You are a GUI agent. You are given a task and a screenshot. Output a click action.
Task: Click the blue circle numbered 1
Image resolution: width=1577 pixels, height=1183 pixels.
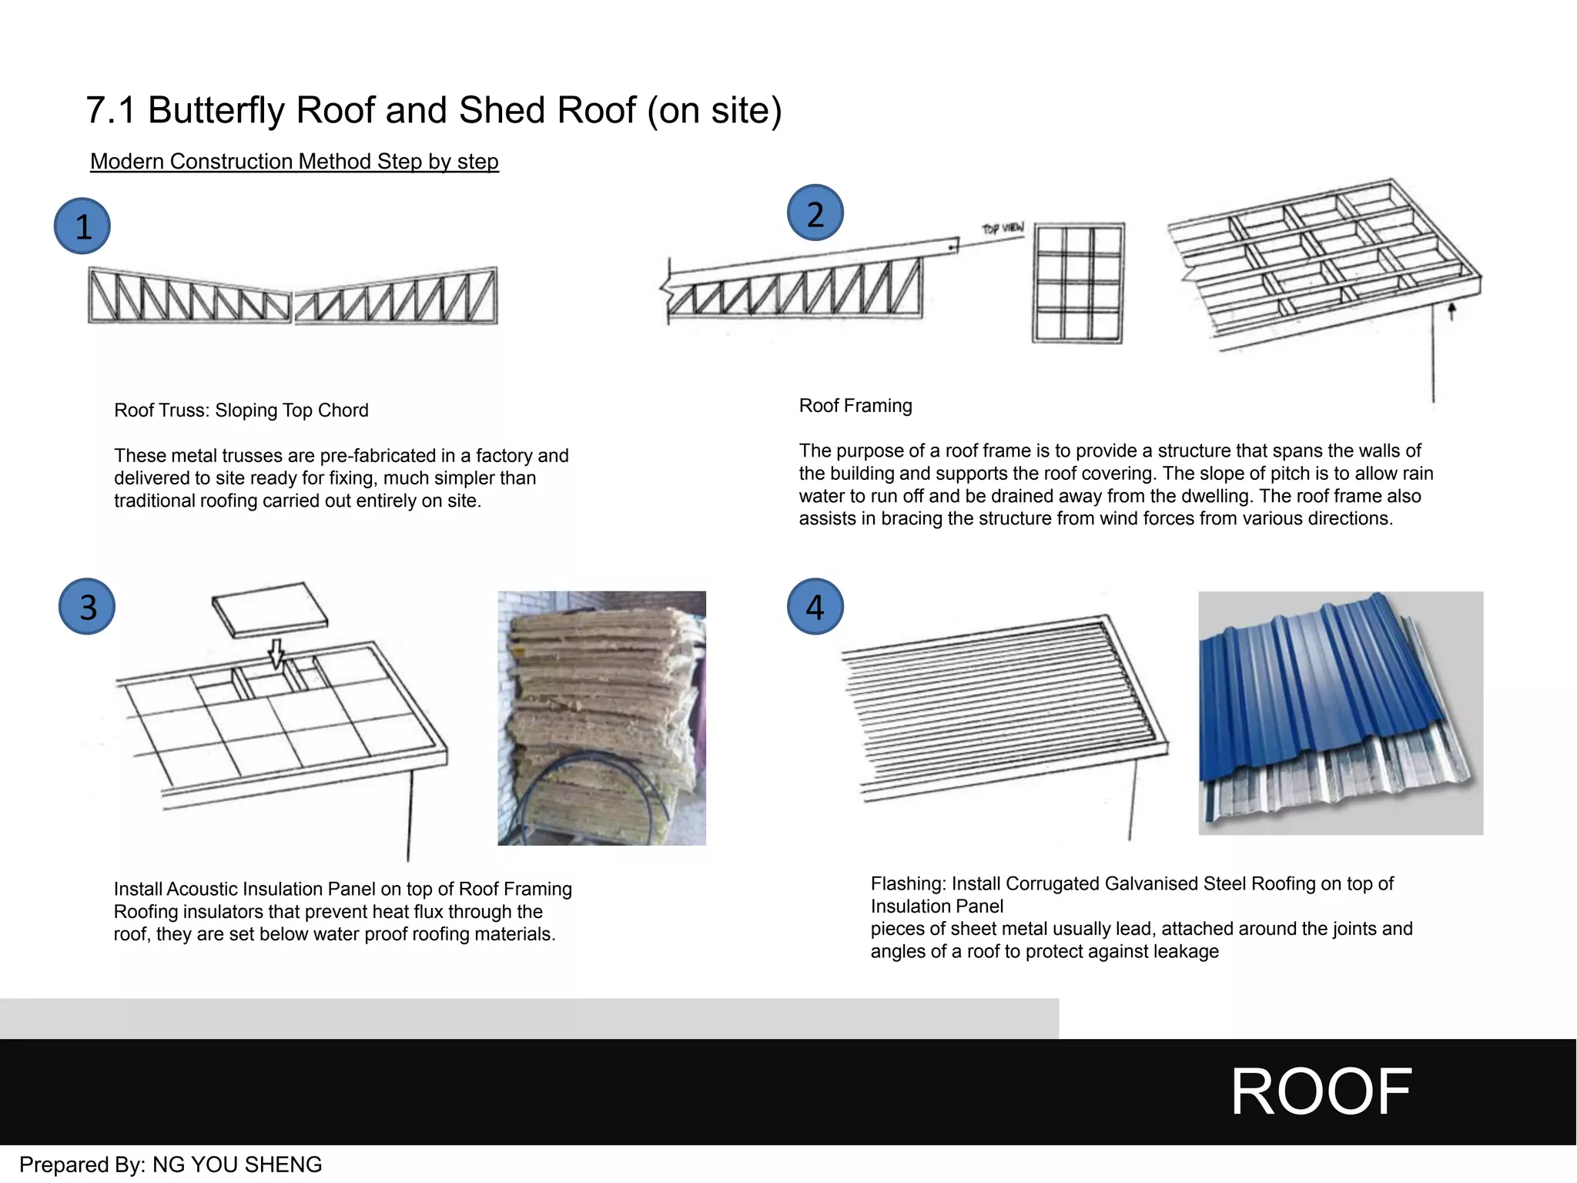click(x=82, y=226)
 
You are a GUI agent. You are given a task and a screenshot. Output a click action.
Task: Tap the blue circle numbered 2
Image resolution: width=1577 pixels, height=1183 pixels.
click(x=815, y=213)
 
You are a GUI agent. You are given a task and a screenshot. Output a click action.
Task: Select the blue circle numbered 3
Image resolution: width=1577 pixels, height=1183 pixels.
click(x=87, y=607)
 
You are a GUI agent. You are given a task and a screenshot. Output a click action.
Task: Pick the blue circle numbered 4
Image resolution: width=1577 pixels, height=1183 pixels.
click(x=815, y=607)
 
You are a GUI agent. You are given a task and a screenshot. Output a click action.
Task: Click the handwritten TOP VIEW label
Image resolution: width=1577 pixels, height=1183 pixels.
click(x=1003, y=229)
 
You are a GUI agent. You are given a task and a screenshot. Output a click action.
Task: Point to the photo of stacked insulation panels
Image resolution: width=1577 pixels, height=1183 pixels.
click(x=601, y=718)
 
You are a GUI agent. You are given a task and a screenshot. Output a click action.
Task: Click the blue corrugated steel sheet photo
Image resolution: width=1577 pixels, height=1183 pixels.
click(x=1340, y=712)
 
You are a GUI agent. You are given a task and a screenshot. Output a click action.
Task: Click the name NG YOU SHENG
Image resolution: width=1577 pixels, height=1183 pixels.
click(x=237, y=1165)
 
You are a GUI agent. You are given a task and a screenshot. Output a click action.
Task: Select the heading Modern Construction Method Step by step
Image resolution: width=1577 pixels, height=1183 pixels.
click(x=294, y=162)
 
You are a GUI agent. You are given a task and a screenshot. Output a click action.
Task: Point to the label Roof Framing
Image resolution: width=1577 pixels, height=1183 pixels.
click(x=855, y=406)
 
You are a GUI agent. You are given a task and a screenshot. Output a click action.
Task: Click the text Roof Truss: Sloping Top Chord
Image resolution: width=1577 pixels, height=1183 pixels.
click(x=241, y=411)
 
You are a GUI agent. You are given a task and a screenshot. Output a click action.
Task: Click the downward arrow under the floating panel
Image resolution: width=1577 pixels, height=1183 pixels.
click(x=276, y=654)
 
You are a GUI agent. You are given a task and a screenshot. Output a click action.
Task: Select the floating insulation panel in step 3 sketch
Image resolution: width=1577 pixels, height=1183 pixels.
click(x=270, y=608)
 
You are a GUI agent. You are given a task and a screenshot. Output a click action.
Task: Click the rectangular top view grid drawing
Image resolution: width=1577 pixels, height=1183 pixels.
click(x=1078, y=283)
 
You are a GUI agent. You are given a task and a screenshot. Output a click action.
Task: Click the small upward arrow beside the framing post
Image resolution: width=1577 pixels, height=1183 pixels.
click(x=1451, y=311)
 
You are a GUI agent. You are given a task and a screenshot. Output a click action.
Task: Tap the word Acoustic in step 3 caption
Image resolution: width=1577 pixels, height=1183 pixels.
click(x=202, y=890)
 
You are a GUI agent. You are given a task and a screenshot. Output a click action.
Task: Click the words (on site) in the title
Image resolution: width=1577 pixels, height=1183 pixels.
click(x=715, y=110)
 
